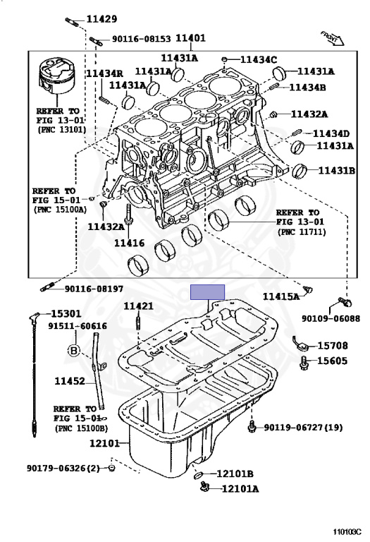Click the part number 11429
(101, 19)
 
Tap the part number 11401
(190, 40)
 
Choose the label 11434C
(259, 59)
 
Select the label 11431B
(336, 170)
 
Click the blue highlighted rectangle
(207, 292)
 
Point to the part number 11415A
(281, 297)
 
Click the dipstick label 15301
(65, 313)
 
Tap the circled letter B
(72, 350)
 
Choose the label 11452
(70, 382)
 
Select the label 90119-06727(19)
(304, 428)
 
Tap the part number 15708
(332, 346)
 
